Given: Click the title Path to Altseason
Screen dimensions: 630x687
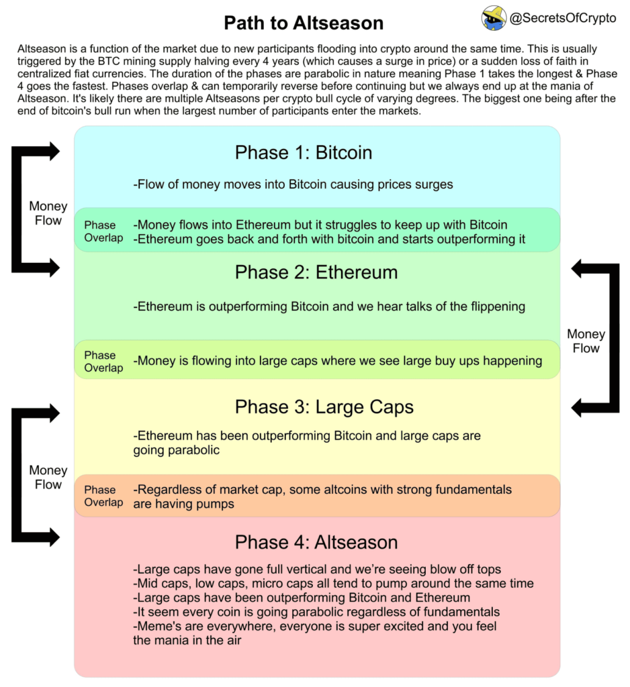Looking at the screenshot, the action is [304, 23].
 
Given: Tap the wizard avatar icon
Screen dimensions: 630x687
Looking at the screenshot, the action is [494, 18].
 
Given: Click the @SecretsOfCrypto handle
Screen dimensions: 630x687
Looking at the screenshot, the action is [563, 18].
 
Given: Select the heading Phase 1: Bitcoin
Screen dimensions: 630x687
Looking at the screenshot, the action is [304, 152].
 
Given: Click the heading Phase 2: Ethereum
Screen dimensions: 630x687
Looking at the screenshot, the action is [316, 272].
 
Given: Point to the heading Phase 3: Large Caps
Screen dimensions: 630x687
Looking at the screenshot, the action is [324, 407].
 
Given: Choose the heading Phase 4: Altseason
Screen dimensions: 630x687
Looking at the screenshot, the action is [316, 542].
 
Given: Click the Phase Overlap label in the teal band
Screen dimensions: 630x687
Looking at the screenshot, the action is [103, 231].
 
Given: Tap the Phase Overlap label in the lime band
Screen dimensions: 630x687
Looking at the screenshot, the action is [103, 362].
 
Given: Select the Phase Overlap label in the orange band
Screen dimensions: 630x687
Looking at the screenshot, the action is [103, 496].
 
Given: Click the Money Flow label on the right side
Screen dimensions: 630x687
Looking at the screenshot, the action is [586, 341].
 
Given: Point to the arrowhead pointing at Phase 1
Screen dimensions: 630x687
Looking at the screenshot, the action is [54, 151].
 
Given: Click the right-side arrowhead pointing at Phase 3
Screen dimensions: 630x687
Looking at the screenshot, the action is [577, 408].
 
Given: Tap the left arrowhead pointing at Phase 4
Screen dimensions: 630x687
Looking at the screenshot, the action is [54, 537].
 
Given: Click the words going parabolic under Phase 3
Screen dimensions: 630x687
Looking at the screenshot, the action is [177, 450].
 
